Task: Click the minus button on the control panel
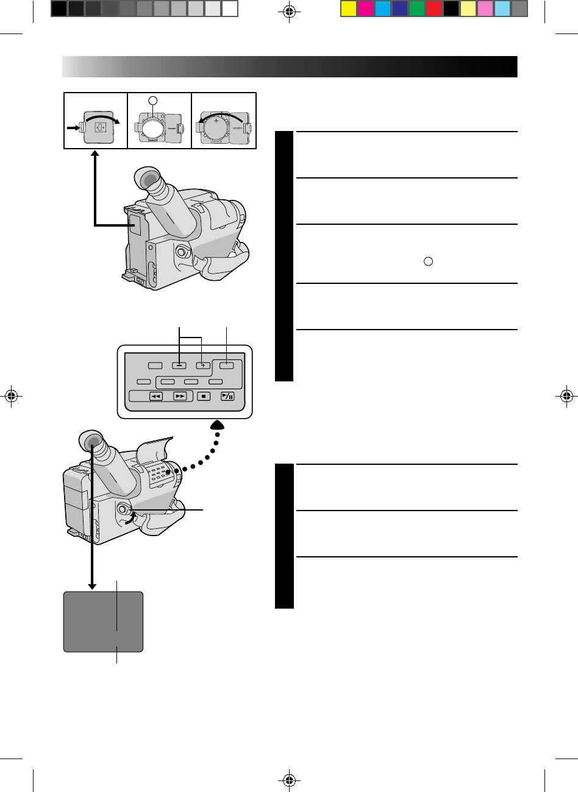pos(179,366)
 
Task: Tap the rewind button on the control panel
pos(155,396)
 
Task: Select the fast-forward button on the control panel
pos(180,396)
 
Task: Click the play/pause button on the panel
pos(227,396)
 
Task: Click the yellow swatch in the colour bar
pos(348,9)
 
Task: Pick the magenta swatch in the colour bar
pos(365,9)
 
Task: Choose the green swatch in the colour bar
pos(417,9)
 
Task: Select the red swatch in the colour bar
pos(434,9)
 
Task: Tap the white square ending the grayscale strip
pos(229,9)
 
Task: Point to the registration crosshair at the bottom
pos(289,780)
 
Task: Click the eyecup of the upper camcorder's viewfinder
pos(147,179)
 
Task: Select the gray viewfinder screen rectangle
pos(104,621)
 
